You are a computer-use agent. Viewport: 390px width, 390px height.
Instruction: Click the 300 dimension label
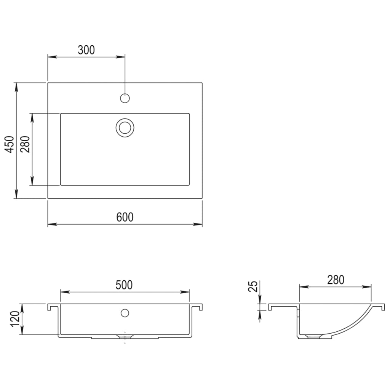pyautogui.click(x=86, y=50)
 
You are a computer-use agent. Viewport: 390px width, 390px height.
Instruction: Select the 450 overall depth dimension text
pyautogui.click(x=10, y=144)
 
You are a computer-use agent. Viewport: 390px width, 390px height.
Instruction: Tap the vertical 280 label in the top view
pyautogui.click(x=25, y=144)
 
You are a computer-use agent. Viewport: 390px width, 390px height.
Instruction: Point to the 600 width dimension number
pyautogui.click(x=125, y=217)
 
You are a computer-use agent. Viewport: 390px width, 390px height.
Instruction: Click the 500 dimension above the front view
pyautogui.click(x=125, y=285)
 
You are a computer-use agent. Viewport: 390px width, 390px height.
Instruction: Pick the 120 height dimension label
pyautogui.click(x=15, y=319)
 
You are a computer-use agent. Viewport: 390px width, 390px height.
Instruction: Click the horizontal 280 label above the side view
pyautogui.click(x=335, y=280)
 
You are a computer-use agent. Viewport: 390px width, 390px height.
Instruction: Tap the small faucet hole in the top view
pyautogui.click(x=125, y=98)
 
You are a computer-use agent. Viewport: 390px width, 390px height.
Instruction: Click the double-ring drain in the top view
pyautogui.click(x=125, y=127)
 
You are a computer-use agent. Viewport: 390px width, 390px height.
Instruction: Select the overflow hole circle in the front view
pyautogui.click(x=125, y=313)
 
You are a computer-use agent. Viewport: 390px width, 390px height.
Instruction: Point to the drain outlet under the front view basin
pyautogui.click(x=125, y=336)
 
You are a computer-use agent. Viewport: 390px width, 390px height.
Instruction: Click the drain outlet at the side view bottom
pyautogui.click(x=313, y=337)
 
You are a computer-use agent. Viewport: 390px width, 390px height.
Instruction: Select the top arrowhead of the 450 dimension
pyautogui.click(x=16, y=86)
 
